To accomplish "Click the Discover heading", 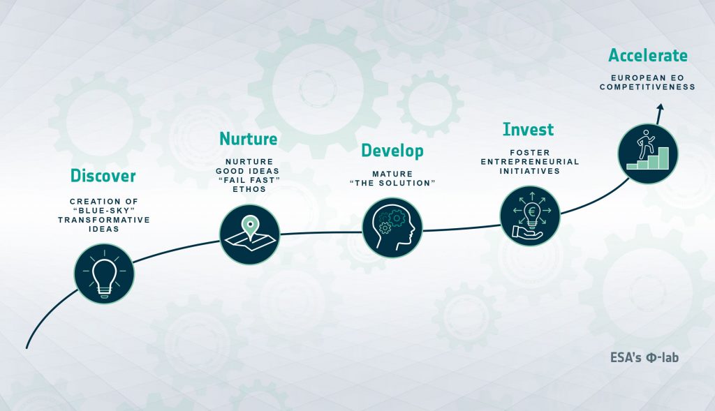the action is pyautogui.click(x=103, y=176).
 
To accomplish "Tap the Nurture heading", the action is pyautogui.click(x=249, y=139).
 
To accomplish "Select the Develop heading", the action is pyautogui.click(x=392, y=151).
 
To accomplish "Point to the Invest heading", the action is pyautogui.click(x=529, y=129).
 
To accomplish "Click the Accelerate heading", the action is pyautogui.click(x=648, y=56).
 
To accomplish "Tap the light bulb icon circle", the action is pyautogui.click(x=104, y=274).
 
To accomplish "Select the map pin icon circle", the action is pyautogui.click(x=249, y=234).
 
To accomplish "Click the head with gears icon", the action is pyautogui.click(x=392, y=227).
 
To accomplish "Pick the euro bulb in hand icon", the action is pyautogui.click(x=530, y=216).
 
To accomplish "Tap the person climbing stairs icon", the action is pyautogui.click(x=648, y=154).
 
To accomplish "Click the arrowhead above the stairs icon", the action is pyautogui.click(x=661, y=107).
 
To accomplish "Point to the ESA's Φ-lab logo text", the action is pyautogui.click(x=644, y=357).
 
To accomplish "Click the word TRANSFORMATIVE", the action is pyautogui.click(x=104, y=220).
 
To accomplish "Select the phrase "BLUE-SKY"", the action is pyautogui.click(x=104, y=211).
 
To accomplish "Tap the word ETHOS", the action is pyautogui.click(x=249, y=189).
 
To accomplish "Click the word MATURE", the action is pyautogui.click(x=392, y=174).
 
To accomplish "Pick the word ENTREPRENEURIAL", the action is pyautogui.click(x=530, y=162).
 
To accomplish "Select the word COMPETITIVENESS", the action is pyautogui.click(x=647, y=87).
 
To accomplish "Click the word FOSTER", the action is pyautogui.click(x=530, y=153).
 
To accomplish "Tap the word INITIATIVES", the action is pyautogui.click(x=530, y=172).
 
